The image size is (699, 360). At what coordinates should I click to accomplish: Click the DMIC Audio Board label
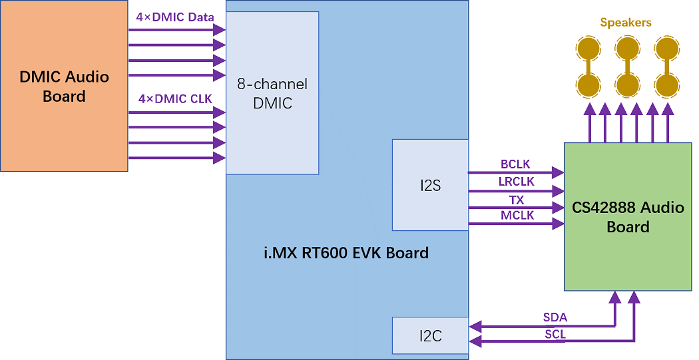[x=64, y=87]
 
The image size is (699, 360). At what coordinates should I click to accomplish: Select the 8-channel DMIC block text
[x=272, y=94]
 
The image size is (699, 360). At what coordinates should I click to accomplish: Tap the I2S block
[x=430, y=186]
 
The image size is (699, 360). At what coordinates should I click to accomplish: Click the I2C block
[x=430, y=336]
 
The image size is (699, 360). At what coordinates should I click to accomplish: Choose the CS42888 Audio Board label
[x=628, y=217]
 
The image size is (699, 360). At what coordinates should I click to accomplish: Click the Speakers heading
[x=626, y=23]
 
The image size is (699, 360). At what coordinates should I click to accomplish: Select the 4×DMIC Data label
[x=176, y=17]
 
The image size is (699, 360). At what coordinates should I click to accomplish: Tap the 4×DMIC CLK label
[x=175, y=99]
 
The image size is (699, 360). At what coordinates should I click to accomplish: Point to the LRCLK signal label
[x=517, y=182]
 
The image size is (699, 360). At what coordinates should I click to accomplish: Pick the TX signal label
[x=517, y=200]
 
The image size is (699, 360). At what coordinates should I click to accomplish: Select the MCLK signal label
[x=517, y=216]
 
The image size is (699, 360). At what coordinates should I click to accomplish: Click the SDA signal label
[x=555, y=317]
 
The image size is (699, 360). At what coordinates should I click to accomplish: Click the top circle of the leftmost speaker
[x=588, y=48]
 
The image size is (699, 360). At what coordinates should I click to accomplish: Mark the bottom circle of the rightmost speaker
[x=666, y=85]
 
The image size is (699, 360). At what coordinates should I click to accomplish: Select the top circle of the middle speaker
[x=627, y=48]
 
